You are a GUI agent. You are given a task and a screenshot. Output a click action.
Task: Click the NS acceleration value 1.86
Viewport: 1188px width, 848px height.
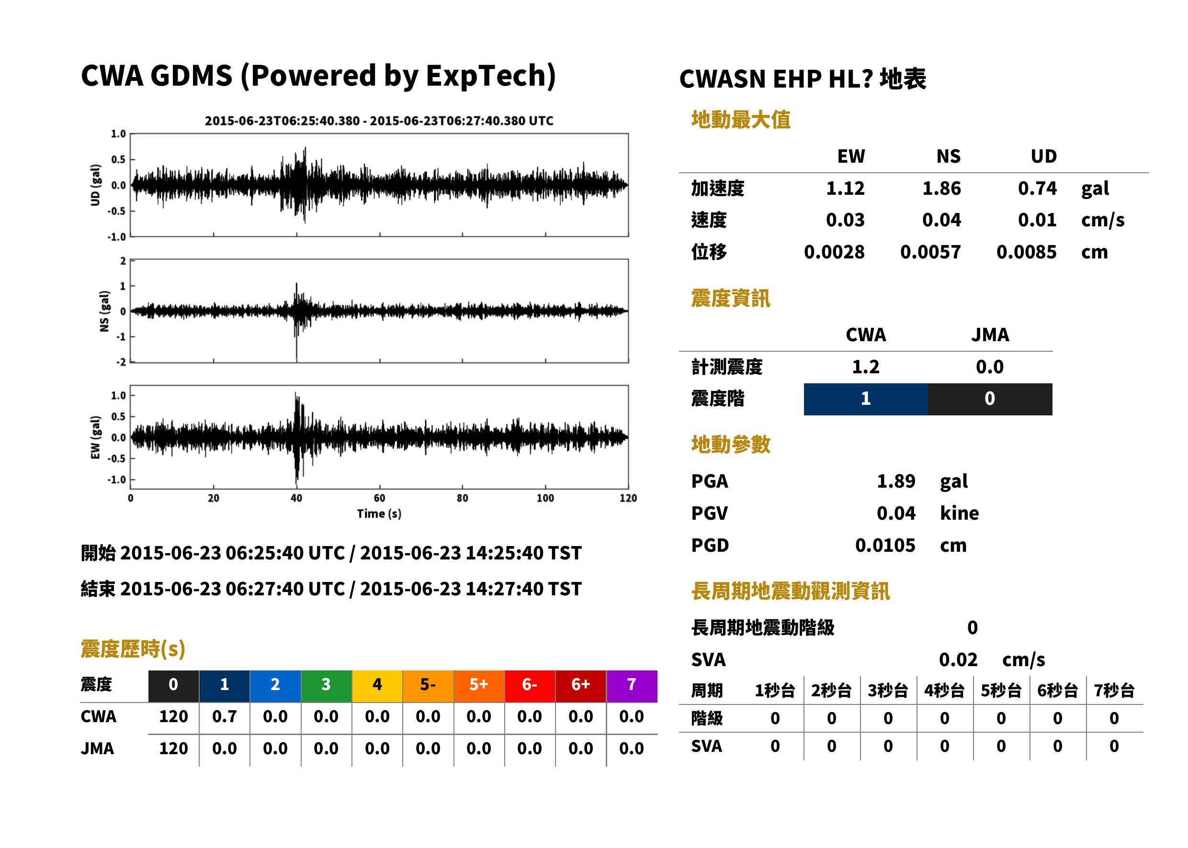coord(941,188)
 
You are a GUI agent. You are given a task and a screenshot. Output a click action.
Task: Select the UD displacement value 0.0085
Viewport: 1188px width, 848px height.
coord(1026,252)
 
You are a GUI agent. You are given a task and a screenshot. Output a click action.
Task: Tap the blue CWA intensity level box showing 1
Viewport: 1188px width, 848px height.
coord(866,399)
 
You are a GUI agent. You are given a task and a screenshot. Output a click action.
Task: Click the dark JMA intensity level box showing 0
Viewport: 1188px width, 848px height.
coord(990,399)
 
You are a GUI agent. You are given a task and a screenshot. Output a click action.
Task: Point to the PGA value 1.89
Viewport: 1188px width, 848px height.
coord(896,481)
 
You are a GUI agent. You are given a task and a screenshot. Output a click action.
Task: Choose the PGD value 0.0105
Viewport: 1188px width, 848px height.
coord(885,545)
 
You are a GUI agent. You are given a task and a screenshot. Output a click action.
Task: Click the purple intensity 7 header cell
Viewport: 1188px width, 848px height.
coord(632,686)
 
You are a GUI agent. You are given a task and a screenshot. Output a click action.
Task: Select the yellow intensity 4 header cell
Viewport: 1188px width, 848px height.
coord(377,686)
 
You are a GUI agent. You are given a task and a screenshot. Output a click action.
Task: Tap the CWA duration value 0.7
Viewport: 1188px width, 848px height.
coord(225,716)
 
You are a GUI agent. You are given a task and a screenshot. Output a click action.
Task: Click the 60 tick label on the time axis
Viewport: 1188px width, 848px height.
coord(379,498)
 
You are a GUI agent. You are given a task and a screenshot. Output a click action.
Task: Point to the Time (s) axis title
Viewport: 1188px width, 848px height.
coord(379,514)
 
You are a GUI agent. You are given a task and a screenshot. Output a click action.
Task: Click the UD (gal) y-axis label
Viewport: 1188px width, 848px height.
coord(95,185)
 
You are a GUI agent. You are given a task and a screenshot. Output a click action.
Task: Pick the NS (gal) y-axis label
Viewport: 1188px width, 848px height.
coord(104,311)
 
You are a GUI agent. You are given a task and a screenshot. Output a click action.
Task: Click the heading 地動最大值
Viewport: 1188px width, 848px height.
coord(741,120)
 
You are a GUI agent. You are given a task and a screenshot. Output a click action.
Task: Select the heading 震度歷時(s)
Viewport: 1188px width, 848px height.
coord(133,649)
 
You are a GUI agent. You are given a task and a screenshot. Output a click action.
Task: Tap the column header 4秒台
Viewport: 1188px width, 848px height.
coord(944,691)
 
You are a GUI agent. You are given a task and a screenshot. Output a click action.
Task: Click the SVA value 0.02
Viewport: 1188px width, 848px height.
coord(958,659)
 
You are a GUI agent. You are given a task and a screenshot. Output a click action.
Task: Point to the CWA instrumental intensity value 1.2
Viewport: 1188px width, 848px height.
coord(866,367)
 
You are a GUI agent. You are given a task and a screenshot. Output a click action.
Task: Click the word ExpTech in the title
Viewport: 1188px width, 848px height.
coord(490,76)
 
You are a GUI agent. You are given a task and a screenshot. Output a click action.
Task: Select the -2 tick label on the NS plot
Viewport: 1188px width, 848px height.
coord(121,362)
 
